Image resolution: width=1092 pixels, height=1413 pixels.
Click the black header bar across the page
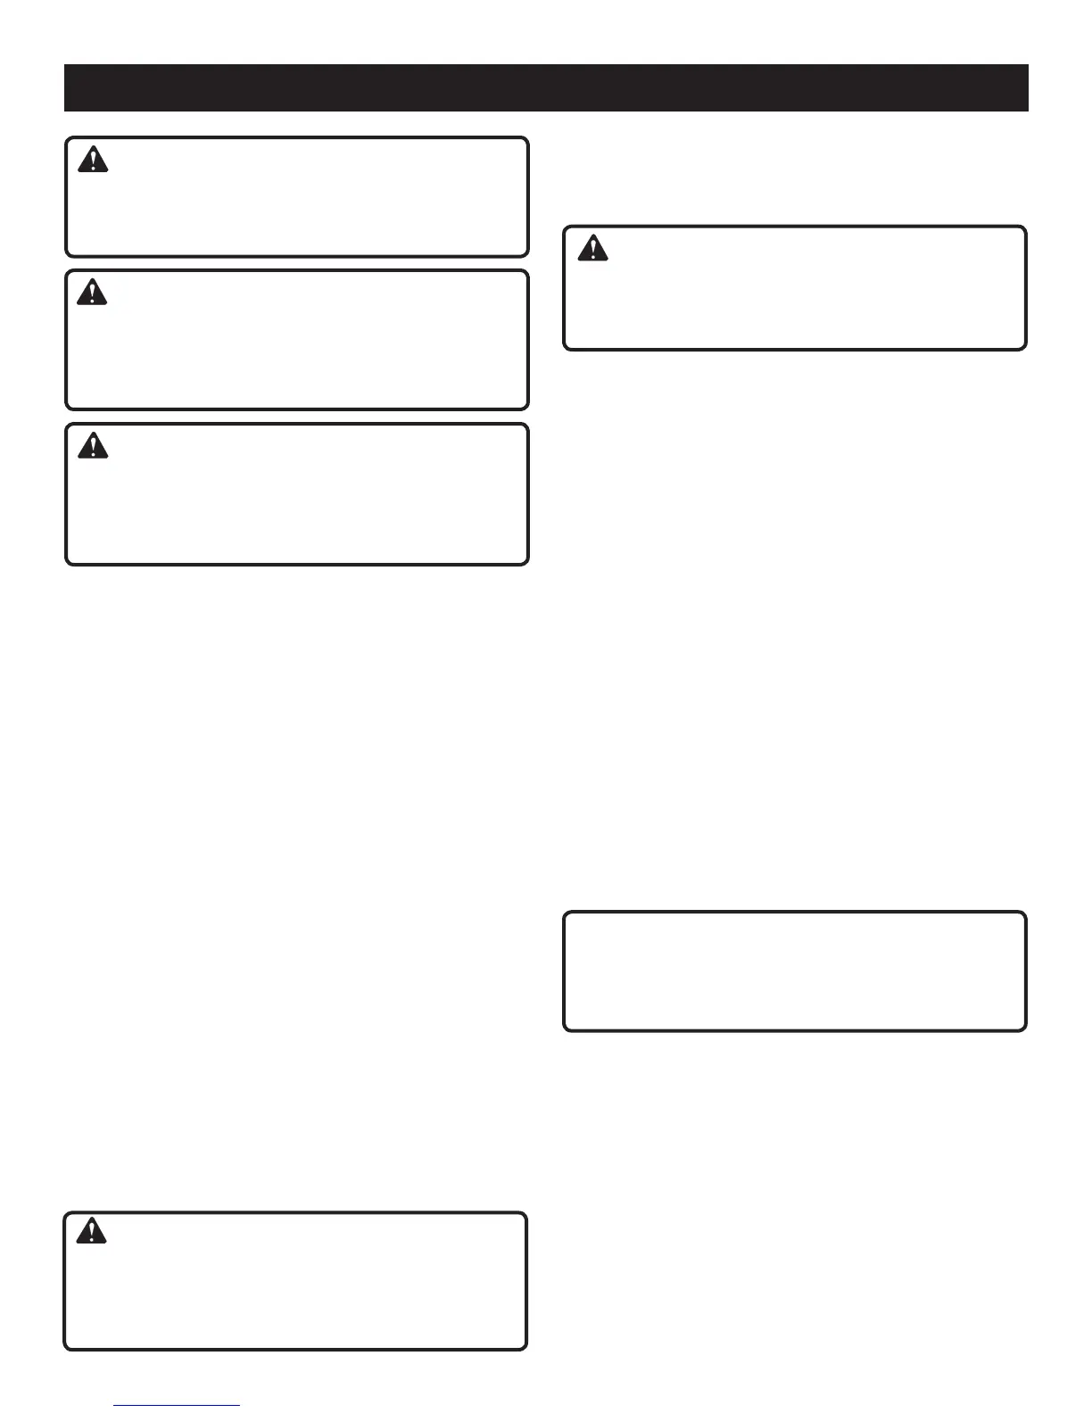coord(546,87)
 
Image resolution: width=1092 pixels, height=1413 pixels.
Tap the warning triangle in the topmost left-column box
coord(92,160)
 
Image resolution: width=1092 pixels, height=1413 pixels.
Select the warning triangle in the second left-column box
coord(92,292)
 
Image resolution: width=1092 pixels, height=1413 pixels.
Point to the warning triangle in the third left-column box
coord(92,445)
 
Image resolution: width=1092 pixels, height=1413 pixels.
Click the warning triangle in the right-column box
coord(591,248)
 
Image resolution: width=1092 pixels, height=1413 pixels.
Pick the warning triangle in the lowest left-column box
coord(91,1232)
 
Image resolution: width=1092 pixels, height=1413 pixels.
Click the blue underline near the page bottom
coord(178,1406)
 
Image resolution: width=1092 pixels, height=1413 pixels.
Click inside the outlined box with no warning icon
coord(794,971)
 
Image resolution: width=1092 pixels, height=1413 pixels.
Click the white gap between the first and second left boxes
coord(297,264)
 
